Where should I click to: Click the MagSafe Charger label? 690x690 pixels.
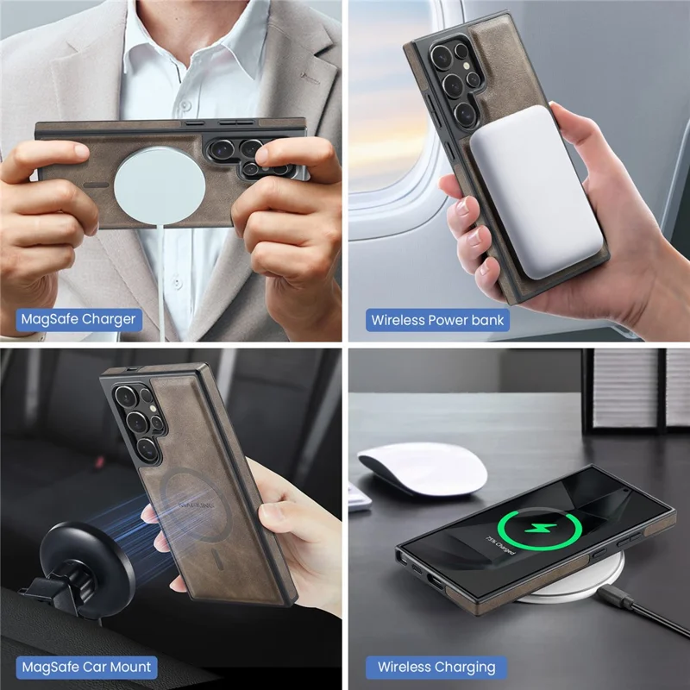(x=78, y=319)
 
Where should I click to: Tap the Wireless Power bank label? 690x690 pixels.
(x=437, y=320)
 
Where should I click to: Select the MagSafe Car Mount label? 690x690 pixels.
(x=85, y=666)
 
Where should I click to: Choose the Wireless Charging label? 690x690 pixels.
(x=436, y=667)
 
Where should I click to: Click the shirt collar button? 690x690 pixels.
(x=184, y=112)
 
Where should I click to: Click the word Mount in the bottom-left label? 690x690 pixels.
(x=129, y=666)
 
